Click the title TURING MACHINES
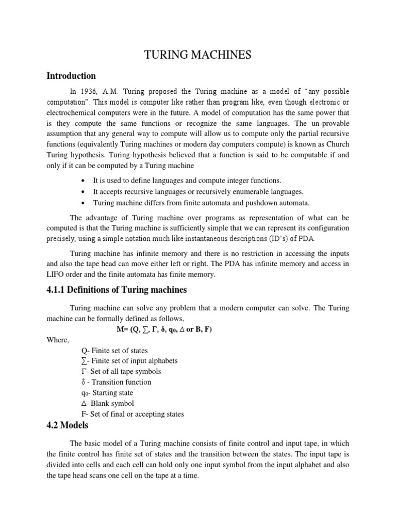198,55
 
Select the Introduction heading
71,76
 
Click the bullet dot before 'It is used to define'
83,181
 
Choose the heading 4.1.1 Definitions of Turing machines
117,290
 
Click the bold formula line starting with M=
164,329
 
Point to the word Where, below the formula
57,340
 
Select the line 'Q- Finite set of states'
114,351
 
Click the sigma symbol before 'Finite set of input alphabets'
85,361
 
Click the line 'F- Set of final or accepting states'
133,414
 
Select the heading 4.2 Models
68,425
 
